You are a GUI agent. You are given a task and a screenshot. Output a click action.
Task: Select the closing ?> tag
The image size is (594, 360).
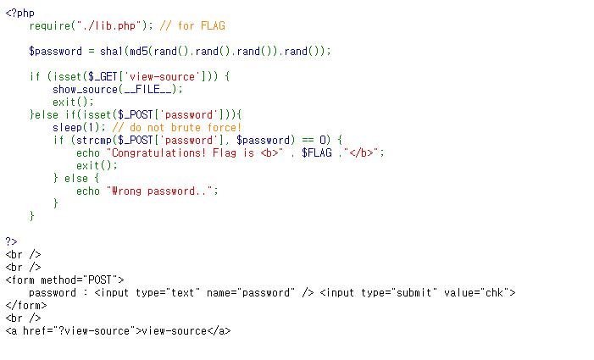pos(12,241)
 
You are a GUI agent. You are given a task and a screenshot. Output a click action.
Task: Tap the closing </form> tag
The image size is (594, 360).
pos(26,305)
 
